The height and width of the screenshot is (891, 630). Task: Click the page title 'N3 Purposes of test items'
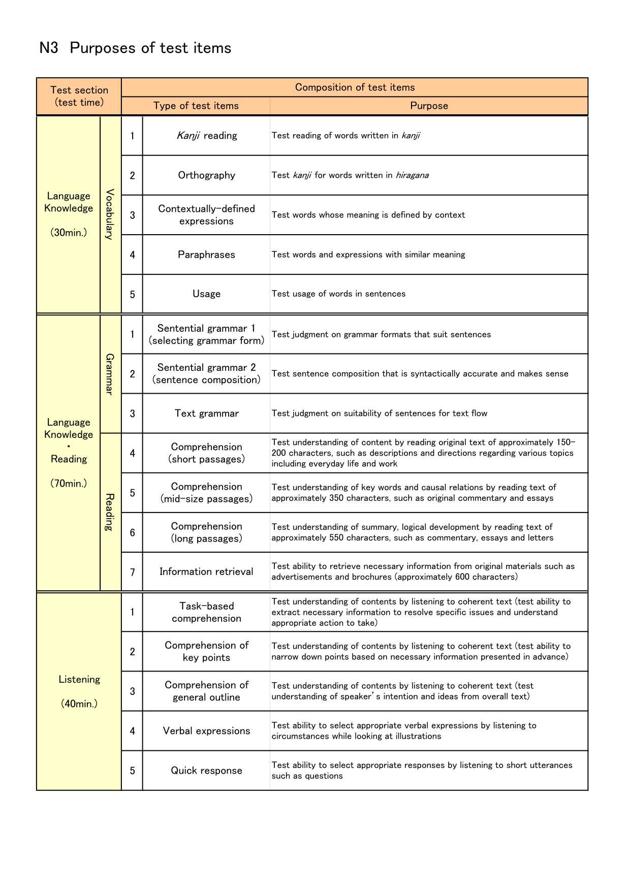click(x=135, y=48)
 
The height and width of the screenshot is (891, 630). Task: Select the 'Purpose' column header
click(x=429, y=106)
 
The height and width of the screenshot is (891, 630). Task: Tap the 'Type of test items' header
click(x=196, y=106)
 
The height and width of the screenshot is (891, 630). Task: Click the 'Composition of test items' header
click(x=355, y=87)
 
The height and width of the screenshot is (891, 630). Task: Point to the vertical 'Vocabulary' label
click(x=110, y=214)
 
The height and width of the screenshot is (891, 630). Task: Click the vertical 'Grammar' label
click(x=110, y=374)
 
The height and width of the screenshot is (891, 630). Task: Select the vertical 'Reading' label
click(x=110, y=512)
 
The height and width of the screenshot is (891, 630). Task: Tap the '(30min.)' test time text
click(x=69, y=233)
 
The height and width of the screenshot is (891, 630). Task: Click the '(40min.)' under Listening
click(x=79, y=704)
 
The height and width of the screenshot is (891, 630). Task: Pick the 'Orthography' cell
click(x=206, y=175)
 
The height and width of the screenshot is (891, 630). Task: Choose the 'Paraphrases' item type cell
click(x=206, y=254)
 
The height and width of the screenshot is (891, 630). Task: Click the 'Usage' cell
click(x=206, y=294)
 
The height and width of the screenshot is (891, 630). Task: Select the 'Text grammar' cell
click(x=206, y=413)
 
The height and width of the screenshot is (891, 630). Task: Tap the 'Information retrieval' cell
click(x=206, y=571)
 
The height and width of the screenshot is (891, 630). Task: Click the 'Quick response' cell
click(x=206, y=771)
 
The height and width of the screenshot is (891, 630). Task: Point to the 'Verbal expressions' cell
click(x=206, y=731)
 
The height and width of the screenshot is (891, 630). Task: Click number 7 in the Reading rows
click(x=132, y=572)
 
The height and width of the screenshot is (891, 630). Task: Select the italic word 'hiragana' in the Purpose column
click(x=412, y=175)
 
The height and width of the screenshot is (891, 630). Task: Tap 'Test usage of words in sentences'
click(x=338, y=294)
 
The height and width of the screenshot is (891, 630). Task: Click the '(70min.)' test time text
click(x=69, y=483)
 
